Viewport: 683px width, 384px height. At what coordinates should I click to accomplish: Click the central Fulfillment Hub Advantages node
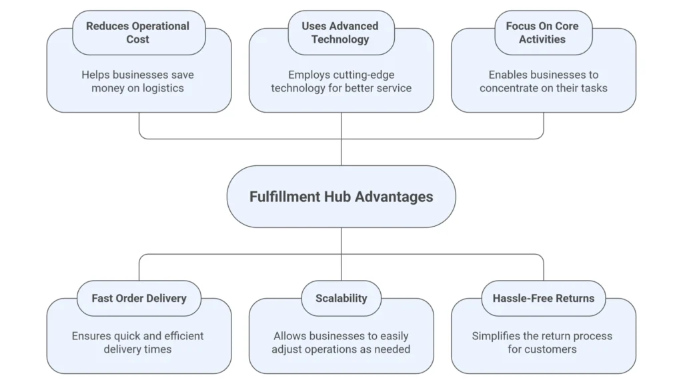[341, 197]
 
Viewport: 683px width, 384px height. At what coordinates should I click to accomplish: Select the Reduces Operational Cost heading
[138, 33]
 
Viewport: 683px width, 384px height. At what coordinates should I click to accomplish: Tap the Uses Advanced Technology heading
[340, 33]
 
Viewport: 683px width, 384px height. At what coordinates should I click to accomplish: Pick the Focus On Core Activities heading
[544, 33]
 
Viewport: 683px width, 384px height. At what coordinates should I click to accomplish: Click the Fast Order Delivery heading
[139, 298]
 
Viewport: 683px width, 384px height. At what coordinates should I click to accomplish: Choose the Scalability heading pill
[341, 298]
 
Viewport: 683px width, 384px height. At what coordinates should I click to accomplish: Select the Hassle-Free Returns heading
[544, 298]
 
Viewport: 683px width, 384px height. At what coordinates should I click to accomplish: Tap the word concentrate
[511, 88]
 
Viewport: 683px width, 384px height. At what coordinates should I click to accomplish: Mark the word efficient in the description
[181, 336]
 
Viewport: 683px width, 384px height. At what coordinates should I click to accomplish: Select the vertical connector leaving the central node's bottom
[341, 241]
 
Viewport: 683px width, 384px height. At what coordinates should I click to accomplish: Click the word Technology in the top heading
[340, 39]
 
